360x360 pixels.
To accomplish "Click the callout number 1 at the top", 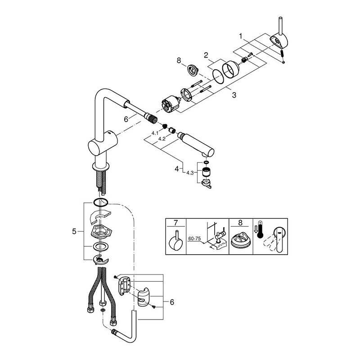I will pos(241,35).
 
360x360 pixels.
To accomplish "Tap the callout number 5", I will pos(74,232).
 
